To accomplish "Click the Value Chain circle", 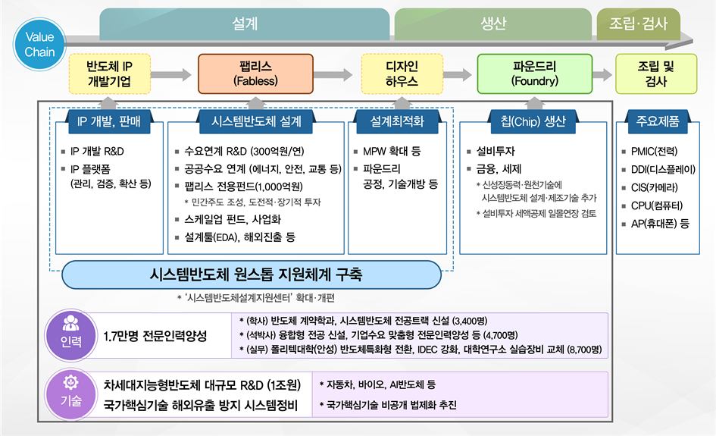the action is click(x=39, y=44).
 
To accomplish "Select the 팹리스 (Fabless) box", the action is click(x=256, y=74).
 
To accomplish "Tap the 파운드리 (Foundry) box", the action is click(x=535, y=74).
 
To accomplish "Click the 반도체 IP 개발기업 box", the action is click(x=110, y=74).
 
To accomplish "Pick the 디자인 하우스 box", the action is click(x=402, y=74).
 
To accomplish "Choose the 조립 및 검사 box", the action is click(x=656, y=74).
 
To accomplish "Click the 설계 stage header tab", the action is click(x=245, y=24).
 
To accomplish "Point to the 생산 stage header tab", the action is click(x=493, y=24).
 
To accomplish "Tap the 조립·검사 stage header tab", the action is click(x=639, y=24).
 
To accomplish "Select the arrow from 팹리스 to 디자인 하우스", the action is click(x=333, y=74).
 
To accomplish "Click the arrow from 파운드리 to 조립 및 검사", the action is click(x=603, y=74).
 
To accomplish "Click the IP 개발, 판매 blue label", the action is click(x=109, y=121).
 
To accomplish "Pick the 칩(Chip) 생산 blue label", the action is click(x=533, y=121).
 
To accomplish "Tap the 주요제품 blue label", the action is click(x=658, y=121).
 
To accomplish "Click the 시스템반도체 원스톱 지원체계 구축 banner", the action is click(x=252, y=274).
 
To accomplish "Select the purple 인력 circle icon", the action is click(x=70, y=335).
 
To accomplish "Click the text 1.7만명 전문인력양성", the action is click(x=155, y=337).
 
